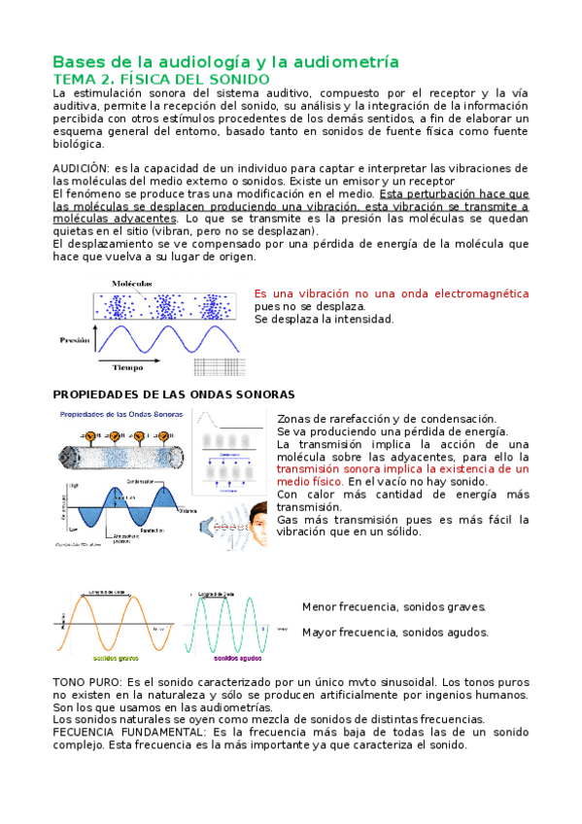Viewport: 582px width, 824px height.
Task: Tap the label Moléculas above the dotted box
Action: [x=133, y=283]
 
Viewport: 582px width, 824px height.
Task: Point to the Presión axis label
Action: [x=74, y=341]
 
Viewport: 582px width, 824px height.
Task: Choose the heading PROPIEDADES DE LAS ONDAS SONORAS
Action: [x=173, y=395]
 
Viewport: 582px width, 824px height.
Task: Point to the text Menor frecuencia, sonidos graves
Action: [x=394, y=607]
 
